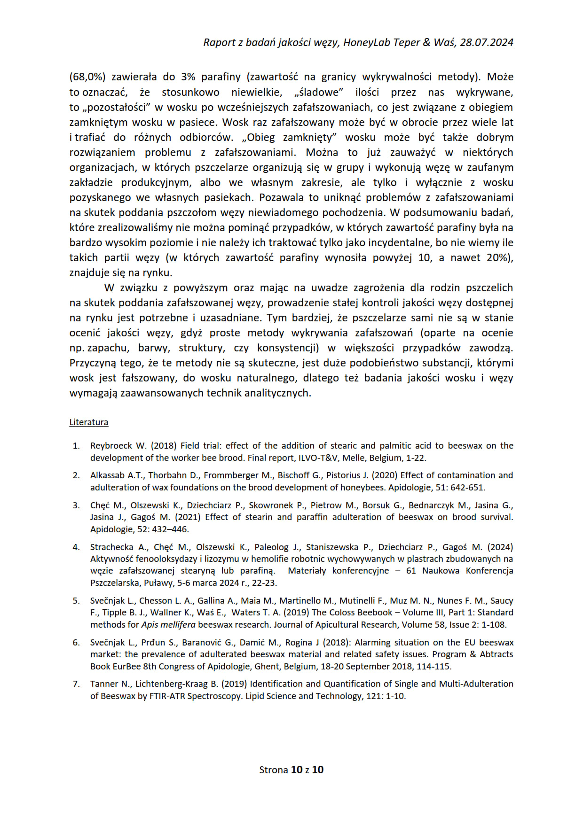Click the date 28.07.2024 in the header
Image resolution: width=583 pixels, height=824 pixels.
click(487, 42)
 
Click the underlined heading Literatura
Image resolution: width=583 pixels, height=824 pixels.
click(89, 422)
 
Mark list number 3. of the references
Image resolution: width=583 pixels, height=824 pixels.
click(76, 505)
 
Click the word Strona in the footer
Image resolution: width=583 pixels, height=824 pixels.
click(274, 770)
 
